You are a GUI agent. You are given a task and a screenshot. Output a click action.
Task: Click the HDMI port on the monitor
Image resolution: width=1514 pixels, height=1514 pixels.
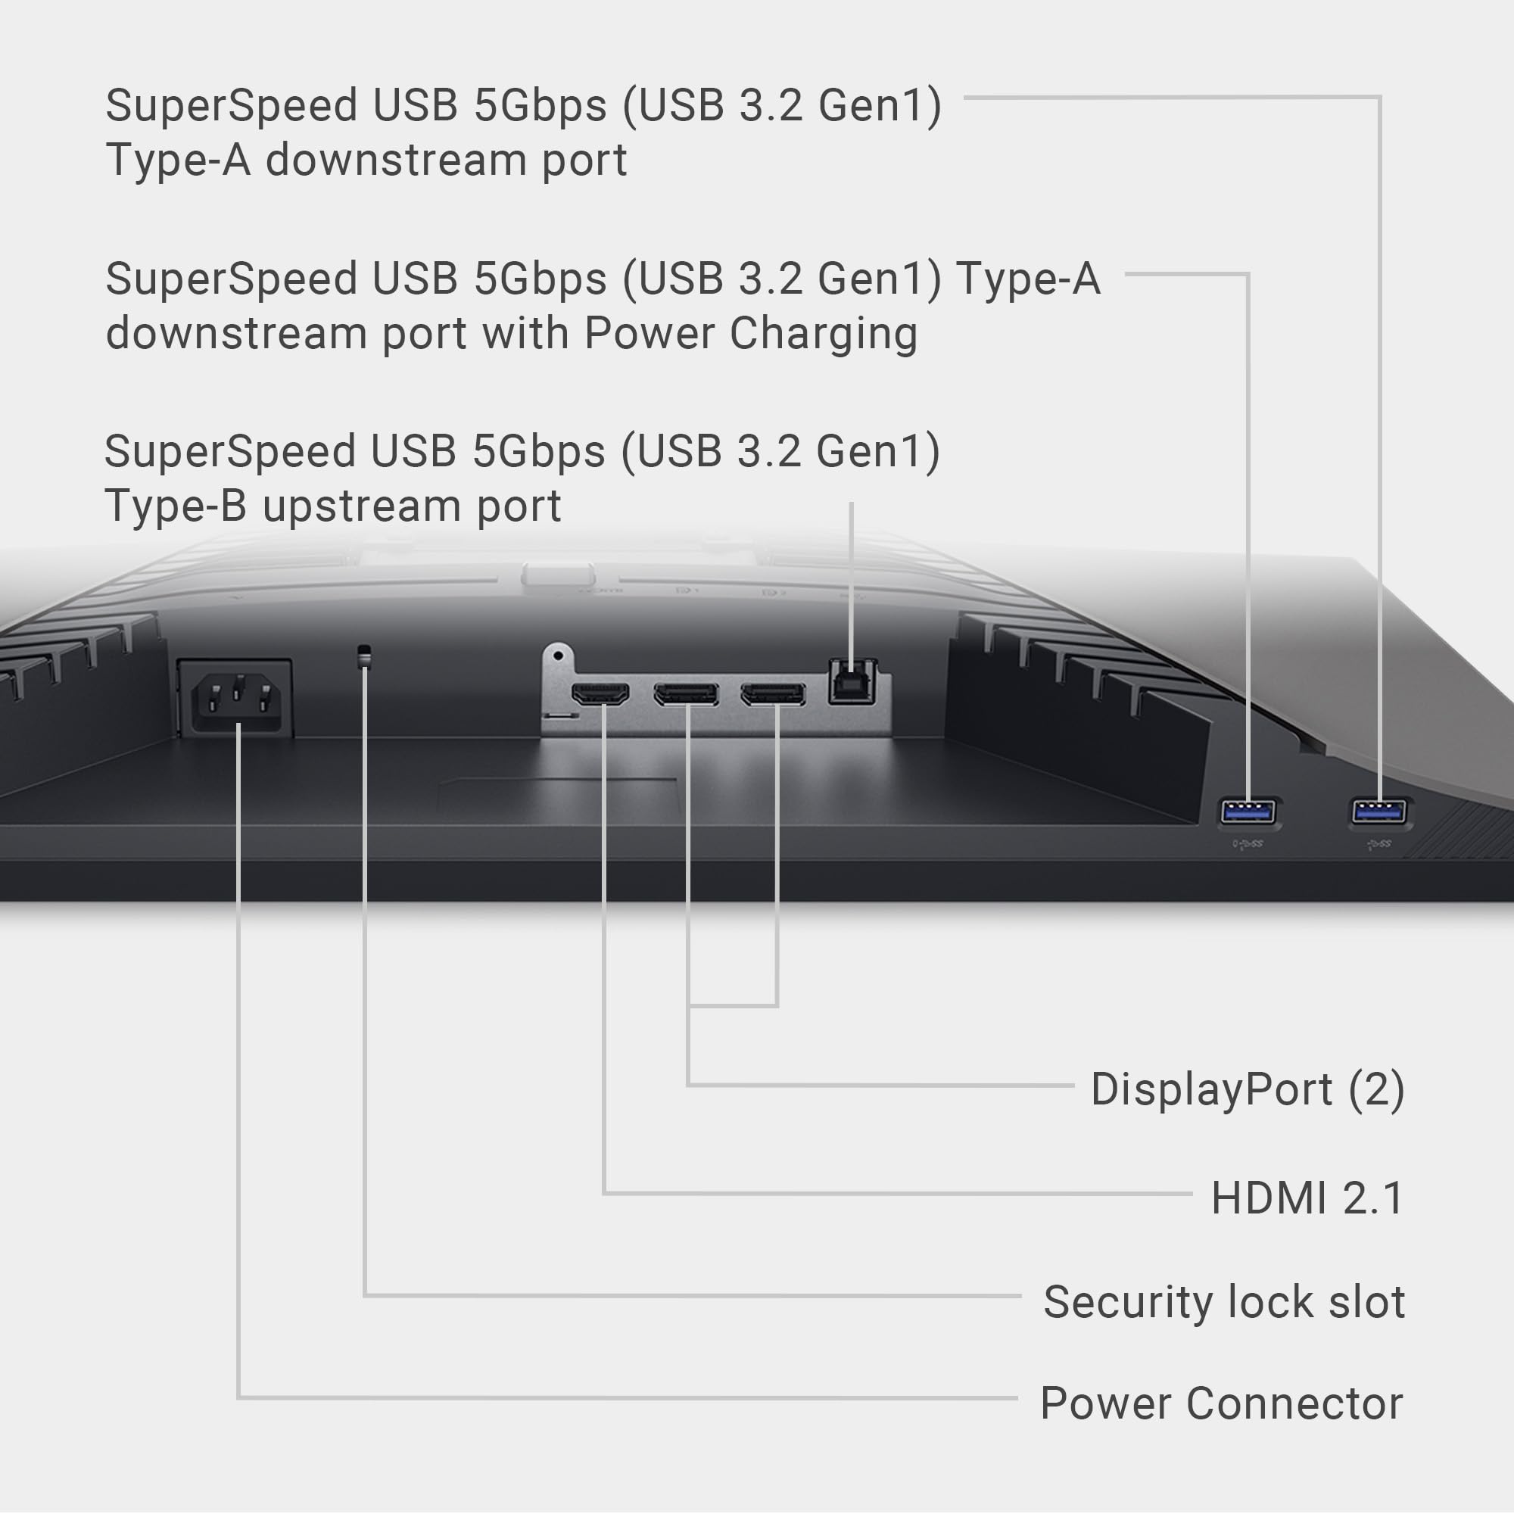pyautogui.click(x=600, y=694)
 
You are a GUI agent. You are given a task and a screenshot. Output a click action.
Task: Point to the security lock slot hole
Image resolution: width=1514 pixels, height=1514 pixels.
pyautogui.click(x=363, y=655)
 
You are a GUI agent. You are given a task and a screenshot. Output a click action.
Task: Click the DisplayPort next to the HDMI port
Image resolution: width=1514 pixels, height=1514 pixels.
pyautogui.click(x=687, y=694)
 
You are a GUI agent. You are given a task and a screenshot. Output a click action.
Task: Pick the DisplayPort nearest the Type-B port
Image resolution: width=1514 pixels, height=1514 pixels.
pyautogui.click(x=773, y=694)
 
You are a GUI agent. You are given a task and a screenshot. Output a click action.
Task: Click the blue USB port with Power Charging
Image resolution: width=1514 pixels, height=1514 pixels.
pyautogui.click(x=1248, y=811)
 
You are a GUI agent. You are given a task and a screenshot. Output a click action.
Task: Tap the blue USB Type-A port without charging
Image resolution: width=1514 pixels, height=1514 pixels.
pyautogui.click(x=1378, y=811)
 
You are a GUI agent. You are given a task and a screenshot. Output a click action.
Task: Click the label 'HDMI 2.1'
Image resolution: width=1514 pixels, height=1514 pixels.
pyautogui.click(x=1307, y=1198)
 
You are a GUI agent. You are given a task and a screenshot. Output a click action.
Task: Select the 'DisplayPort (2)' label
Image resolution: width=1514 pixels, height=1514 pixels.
pyautogui.click(x=1247, y=1089)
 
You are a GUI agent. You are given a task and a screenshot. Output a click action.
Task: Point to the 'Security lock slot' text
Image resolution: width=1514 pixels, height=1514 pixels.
pyautogui.click(x=1223, y=1301)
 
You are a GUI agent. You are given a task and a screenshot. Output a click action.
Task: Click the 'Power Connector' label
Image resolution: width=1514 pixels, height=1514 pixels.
pyautogui.click(x=1221, y=1403)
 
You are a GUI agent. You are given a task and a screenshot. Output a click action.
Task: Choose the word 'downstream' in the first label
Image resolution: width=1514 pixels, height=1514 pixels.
pyautogui.click(x=397, y=160)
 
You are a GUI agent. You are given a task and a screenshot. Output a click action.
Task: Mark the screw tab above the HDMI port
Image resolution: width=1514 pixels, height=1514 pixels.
pyautogui.click(x=558, y=655)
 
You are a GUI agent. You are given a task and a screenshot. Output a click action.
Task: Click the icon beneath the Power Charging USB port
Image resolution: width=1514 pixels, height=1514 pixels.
pyautogui.click(x=1248, y=844)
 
